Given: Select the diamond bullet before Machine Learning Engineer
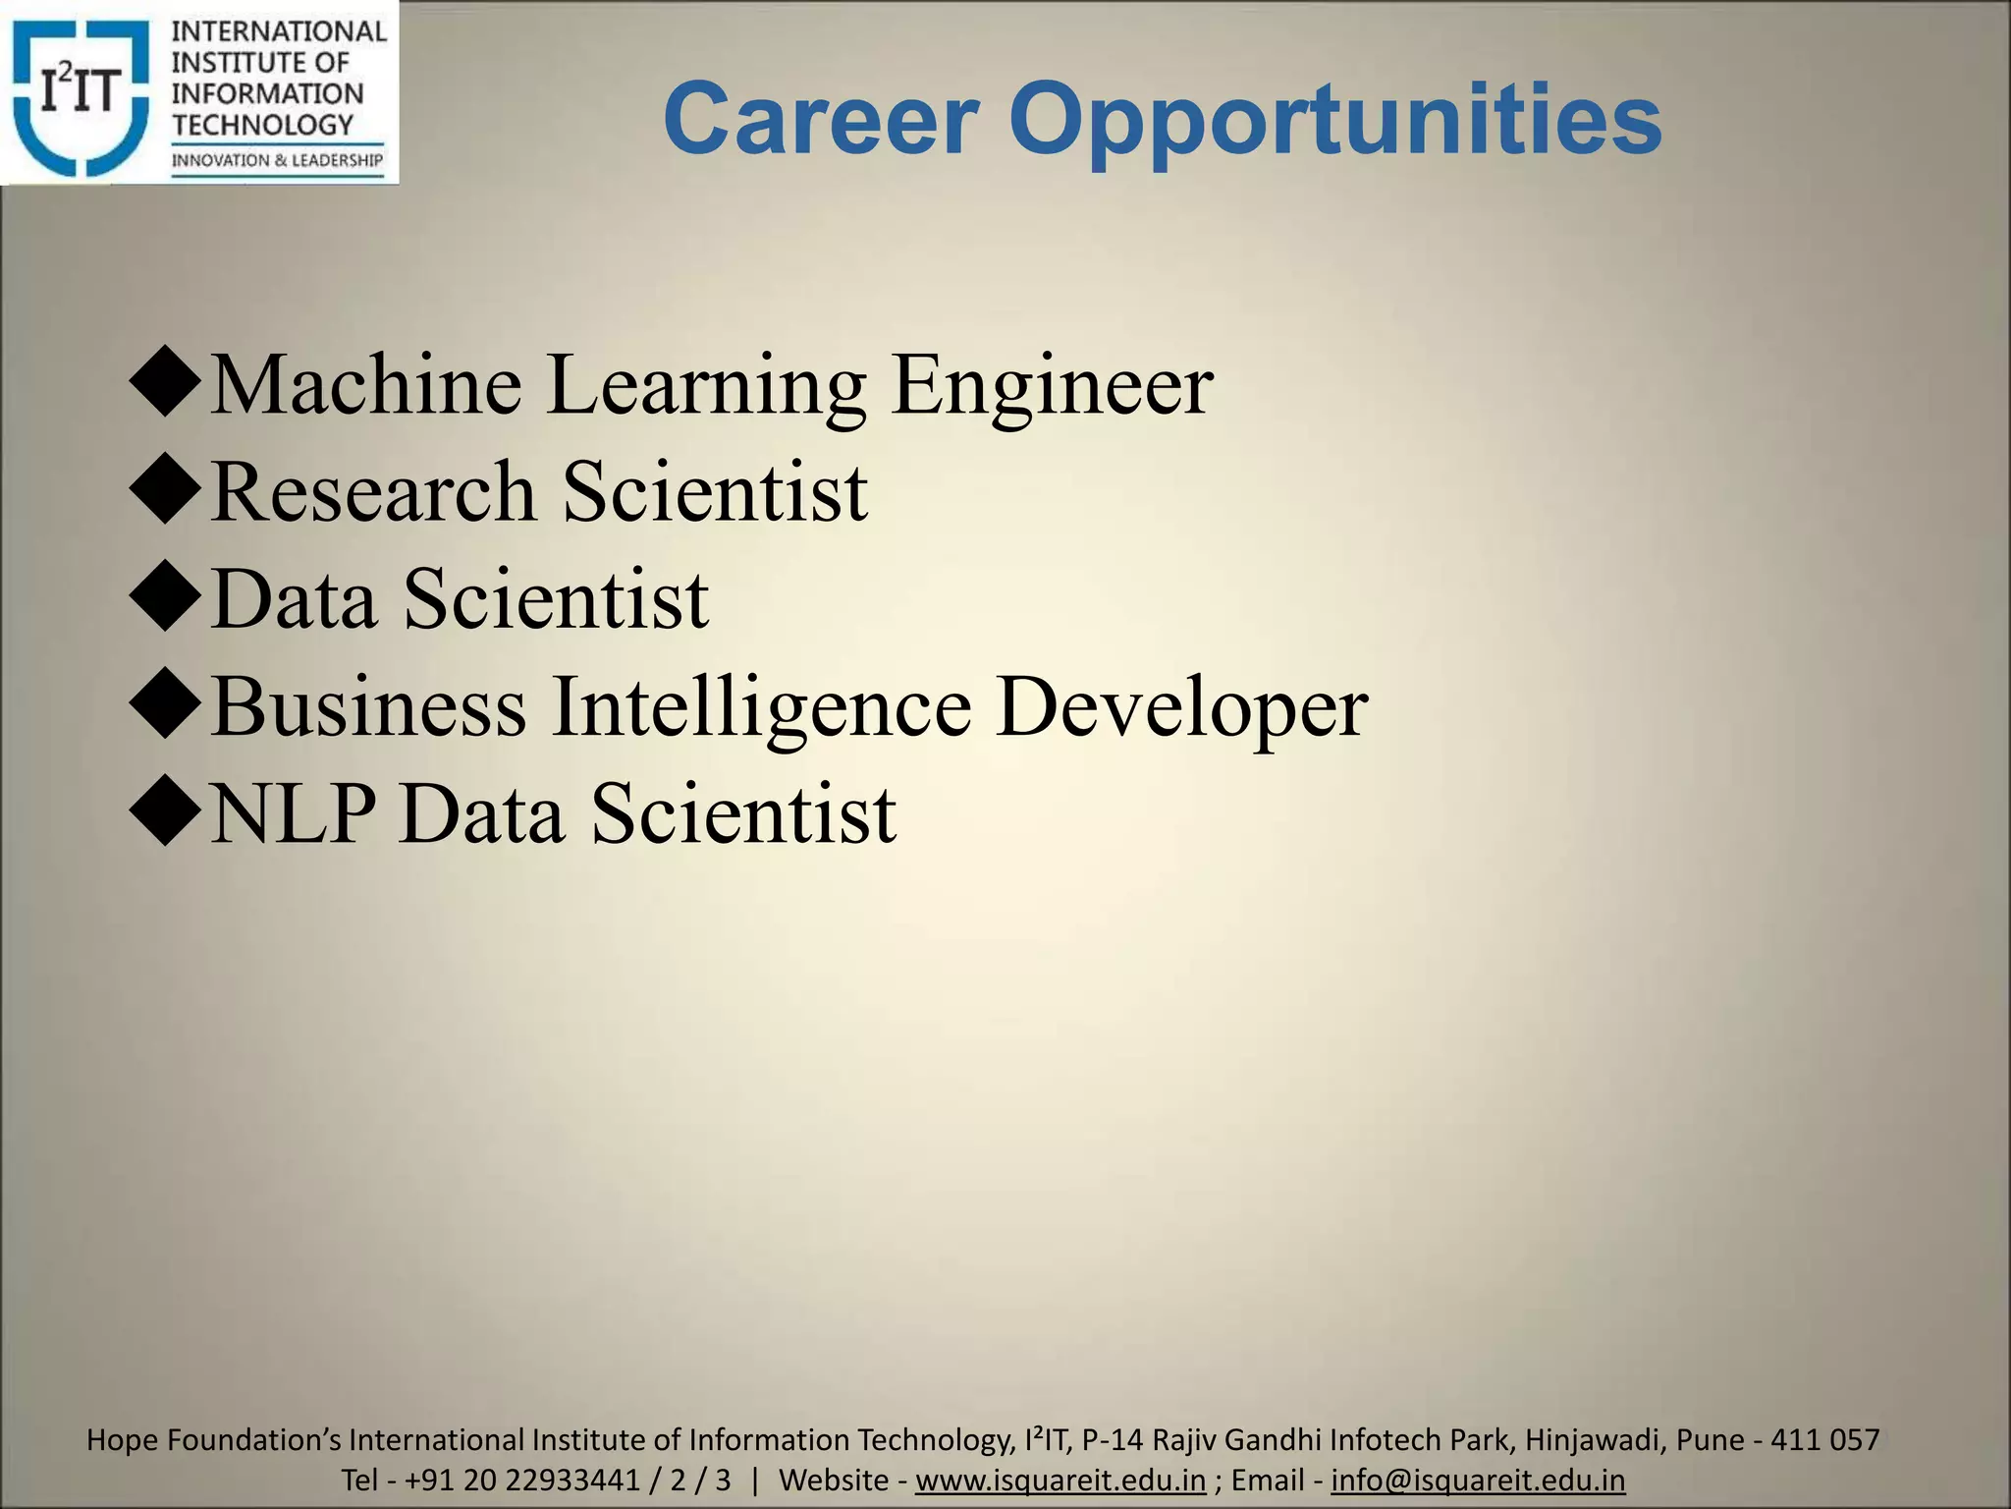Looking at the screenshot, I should point(164,385).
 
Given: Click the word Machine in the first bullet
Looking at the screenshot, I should point(366,385).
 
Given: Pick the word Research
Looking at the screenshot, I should point(373,491).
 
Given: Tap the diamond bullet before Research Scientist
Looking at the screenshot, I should point(164,492).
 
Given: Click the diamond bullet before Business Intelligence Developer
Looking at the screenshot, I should point(164,707).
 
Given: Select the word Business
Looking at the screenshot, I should point(369,707).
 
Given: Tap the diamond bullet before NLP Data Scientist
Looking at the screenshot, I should point(164,814).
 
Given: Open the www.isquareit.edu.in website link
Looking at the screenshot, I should point(1060,1480).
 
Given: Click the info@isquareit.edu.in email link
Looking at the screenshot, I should point(1478,1480).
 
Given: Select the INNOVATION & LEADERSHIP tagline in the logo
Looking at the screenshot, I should point(278,160).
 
